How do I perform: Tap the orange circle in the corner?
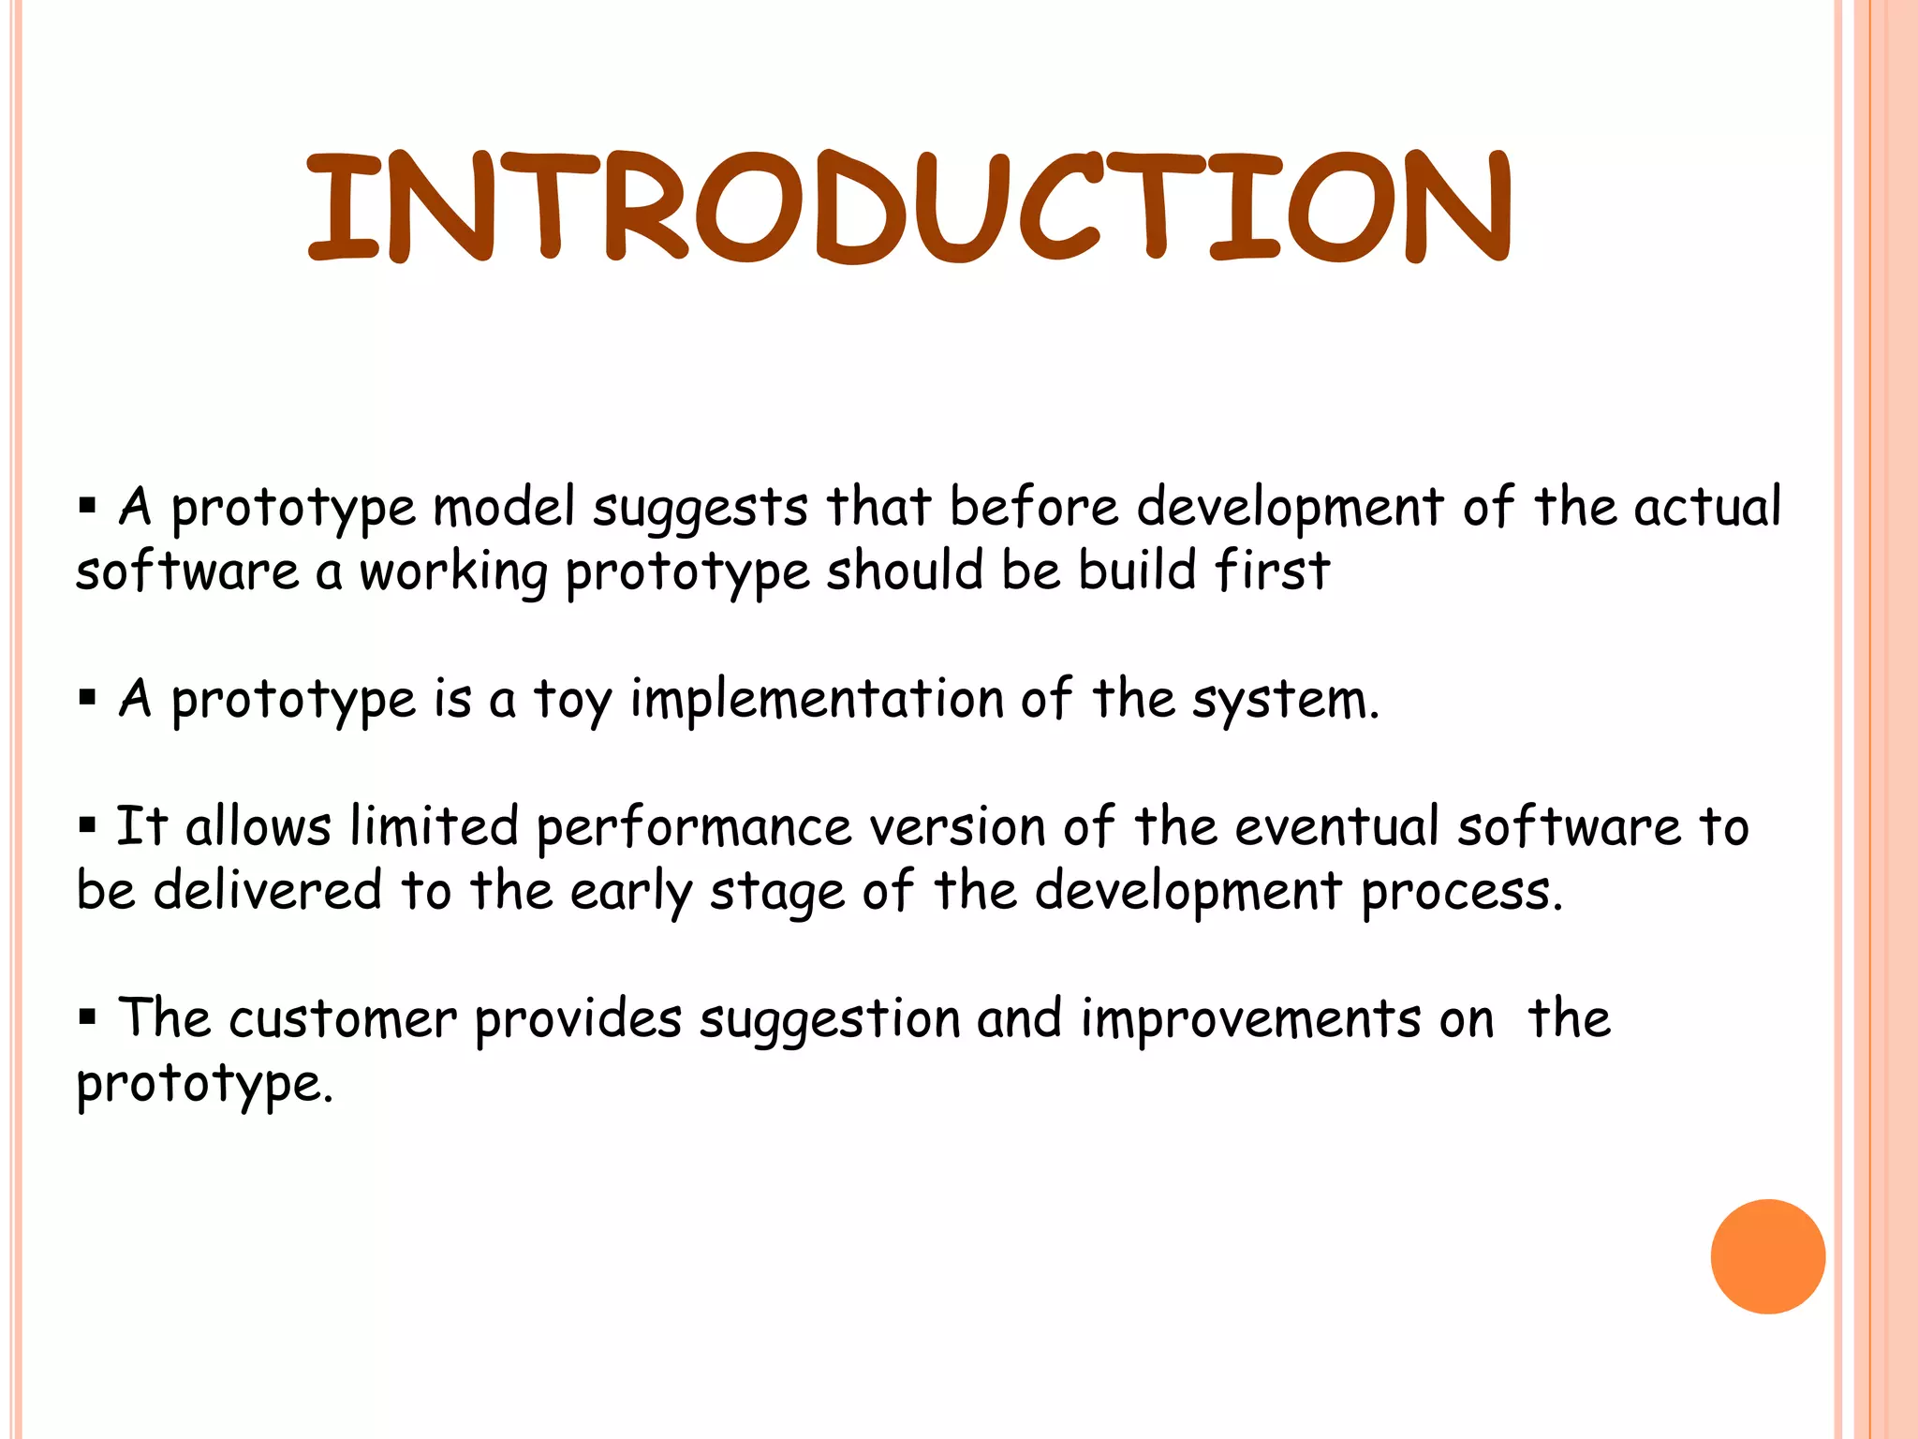1767,1256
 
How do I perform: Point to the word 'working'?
453,573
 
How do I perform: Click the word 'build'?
1137,570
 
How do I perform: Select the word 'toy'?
572,702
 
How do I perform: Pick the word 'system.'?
1285,702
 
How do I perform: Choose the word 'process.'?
1461,893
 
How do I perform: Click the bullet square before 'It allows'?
88,825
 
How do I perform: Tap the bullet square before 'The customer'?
88,1016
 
